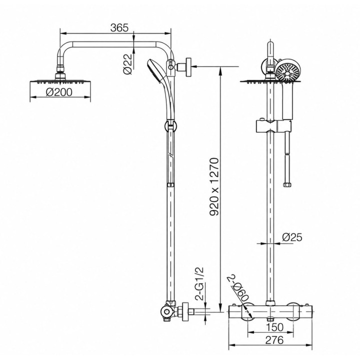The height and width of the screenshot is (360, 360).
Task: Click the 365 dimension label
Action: (x=119, y=28)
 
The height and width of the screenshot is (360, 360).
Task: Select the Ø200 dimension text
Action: (x=59, y=92)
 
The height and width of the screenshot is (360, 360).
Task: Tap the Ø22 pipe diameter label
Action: (x=128, y=64)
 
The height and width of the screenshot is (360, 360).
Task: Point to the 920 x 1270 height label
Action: (x=214, y=186)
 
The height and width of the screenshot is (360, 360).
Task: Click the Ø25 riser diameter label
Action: (x=292, y=237)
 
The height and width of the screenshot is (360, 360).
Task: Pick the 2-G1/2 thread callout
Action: (x=200, y=283)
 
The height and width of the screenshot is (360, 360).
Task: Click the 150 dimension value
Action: (x=275, y=327)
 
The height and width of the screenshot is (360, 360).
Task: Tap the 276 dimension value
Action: (x=274, y=340)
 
